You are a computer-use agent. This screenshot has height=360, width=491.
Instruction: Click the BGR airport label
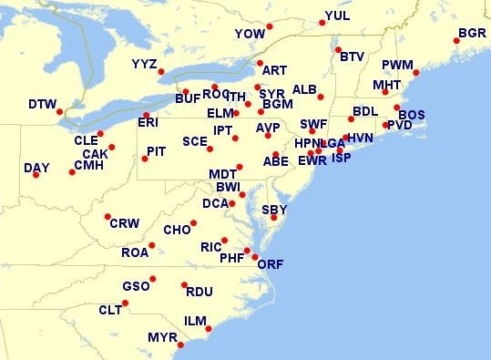[x=472, y=33]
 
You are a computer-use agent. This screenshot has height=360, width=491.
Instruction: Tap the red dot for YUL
[x=322, y=24]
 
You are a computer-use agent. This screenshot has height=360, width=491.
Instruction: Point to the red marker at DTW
[x=60, y=112]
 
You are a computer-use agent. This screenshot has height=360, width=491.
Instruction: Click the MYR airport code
[x=162, y=337]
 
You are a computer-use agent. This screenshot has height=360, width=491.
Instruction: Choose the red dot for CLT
[x=125, y=303]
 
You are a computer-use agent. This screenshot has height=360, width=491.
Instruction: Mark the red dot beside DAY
[x=36, y=174]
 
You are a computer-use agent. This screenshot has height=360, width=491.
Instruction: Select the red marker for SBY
[x=273, y=217]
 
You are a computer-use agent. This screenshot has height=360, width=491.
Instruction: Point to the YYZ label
[x=144, y=64]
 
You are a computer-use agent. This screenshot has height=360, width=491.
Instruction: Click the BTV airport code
[x=352, y=57]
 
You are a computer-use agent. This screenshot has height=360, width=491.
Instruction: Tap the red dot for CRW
[x=107, y=216]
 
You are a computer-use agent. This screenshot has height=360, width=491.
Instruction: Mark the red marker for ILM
[x=209, y=328]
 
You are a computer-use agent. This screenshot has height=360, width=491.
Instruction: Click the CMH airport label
[x=88, y=165]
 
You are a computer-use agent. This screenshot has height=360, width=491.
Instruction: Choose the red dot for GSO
[x=153, y=278]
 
